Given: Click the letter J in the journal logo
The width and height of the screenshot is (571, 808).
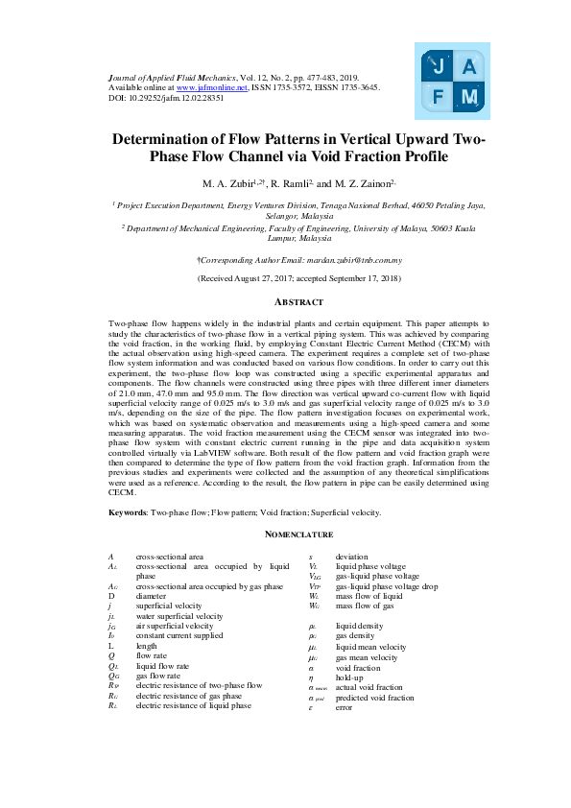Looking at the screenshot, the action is (x=438, y=68).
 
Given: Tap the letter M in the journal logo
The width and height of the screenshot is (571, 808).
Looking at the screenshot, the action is (x=469, y=97).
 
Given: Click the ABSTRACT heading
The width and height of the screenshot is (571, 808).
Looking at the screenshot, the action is (x=285, y=302).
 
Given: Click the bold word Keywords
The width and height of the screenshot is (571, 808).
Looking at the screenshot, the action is (x=128, y=512).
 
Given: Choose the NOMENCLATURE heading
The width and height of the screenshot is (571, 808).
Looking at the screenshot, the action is (x=285, y=535).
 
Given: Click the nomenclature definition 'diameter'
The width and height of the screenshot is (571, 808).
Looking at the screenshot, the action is (x=152, y=596).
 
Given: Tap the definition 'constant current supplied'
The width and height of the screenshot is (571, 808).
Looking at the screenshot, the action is (x=179, y=635).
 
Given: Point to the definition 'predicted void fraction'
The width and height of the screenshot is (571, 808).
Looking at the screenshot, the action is (x=374, y=698).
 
